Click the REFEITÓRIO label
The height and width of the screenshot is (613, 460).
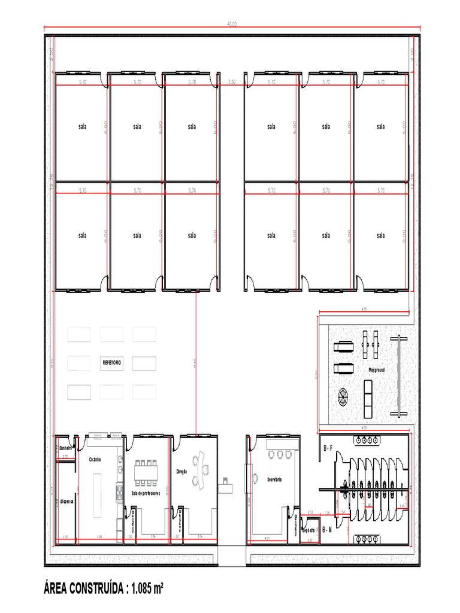113,363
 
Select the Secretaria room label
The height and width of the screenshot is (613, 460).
274,480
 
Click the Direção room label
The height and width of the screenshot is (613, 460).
181,472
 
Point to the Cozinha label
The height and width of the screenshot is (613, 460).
95,459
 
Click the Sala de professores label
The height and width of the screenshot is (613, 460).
146,493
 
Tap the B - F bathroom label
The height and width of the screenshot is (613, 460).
328,448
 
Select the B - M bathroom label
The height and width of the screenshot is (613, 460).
326,530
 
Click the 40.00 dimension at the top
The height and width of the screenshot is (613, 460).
232,24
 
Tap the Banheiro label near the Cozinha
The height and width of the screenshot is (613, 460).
66,448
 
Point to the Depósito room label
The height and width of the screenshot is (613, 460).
308,529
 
